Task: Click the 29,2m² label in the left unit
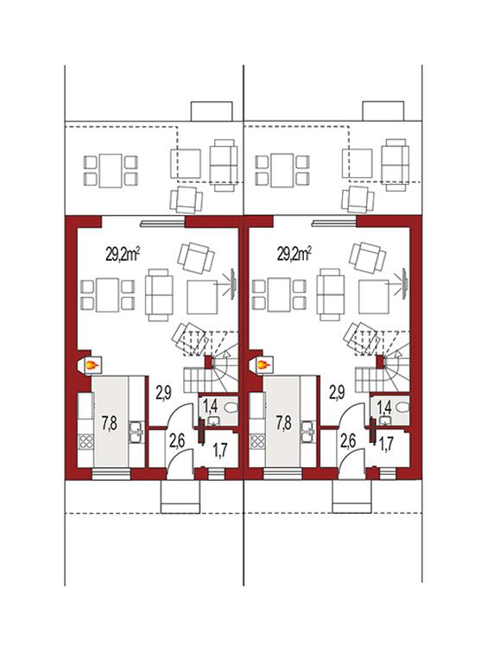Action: tap(122, 255)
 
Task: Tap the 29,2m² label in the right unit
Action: tap(294, 255)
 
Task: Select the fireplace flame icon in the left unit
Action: tap(92, 365)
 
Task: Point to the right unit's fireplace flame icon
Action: tap(264, 365)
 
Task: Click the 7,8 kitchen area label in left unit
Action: tap(109, 423)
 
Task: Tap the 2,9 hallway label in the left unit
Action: tap(163, 392)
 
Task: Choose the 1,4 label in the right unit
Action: tap(385, 408)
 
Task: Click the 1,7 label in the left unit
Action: tap(220, 451)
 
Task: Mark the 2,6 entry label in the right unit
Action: tap(348, 441)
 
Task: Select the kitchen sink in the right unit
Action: tap(308, 433)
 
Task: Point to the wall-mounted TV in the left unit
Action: tap(233, 284)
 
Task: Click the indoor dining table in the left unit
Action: tap(108, 294)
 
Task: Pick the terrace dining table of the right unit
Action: tap(281, 171)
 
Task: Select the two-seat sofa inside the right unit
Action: tap(331, 294)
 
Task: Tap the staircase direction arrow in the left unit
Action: tap(227, 353)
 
